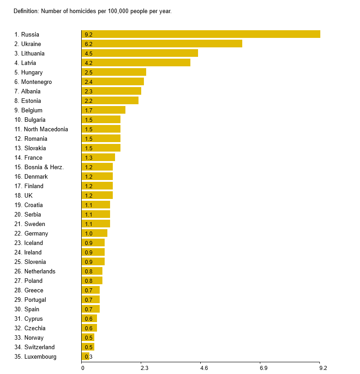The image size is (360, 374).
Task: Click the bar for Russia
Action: click(x=201, y=34)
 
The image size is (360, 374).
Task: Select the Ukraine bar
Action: click(x=162, y=44)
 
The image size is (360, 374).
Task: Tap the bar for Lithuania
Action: click(x=139, y=53)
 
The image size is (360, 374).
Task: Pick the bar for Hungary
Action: click(x=114, y=72)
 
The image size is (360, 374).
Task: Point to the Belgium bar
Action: click(x=103, y=110)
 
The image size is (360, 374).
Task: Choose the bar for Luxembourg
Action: click(x=85, y=357)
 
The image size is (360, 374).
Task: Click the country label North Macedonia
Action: click(x=46, y=129)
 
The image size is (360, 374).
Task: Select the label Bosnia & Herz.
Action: click(x=44, y=167)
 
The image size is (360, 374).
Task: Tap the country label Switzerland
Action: click(x=39, y=347)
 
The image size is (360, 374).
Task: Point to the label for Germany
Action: click(x=36, y=233)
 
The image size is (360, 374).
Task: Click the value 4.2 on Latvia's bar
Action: click(x=88, y=63)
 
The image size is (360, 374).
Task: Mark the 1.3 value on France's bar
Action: click(x=88, y=158)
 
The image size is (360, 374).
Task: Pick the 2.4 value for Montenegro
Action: click(x=88, y=82)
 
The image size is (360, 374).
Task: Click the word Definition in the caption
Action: click(x=26, y=11)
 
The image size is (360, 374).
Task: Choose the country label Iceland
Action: click(x=33, y=243)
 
